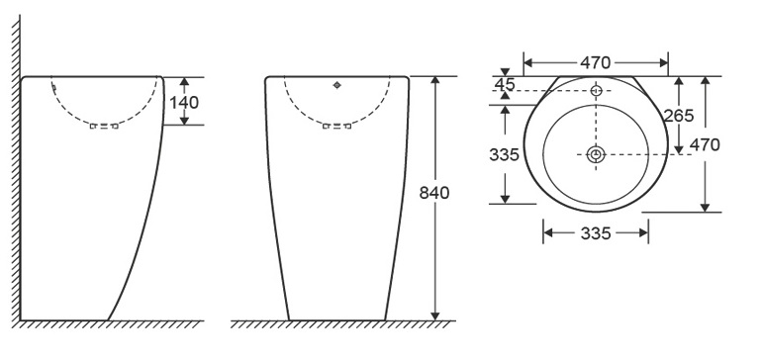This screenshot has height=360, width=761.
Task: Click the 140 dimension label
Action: pyautogui.click(x=184, y=103)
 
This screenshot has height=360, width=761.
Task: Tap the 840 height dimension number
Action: pyautogui.click(x=434, y=193)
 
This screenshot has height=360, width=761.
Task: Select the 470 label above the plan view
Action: pyautogui.click(x=596, y=63)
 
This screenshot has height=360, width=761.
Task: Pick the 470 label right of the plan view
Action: pyautogui.click(x=705, y=145)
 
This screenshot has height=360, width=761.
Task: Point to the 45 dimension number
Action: pyautogui.click(x=505, y=84)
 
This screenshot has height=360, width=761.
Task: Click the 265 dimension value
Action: pyautogui.click(x=679, y=116)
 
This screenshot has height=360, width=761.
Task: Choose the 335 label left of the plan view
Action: pyautogui.click(x=505, y=154)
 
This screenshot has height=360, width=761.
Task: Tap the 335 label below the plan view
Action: pyautogui.click(x=596, y=233)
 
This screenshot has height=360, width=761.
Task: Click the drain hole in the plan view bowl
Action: pyautogui.click(x=596, y=154)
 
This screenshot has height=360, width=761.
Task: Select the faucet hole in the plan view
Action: pyautogui.click(x=596, y=90)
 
